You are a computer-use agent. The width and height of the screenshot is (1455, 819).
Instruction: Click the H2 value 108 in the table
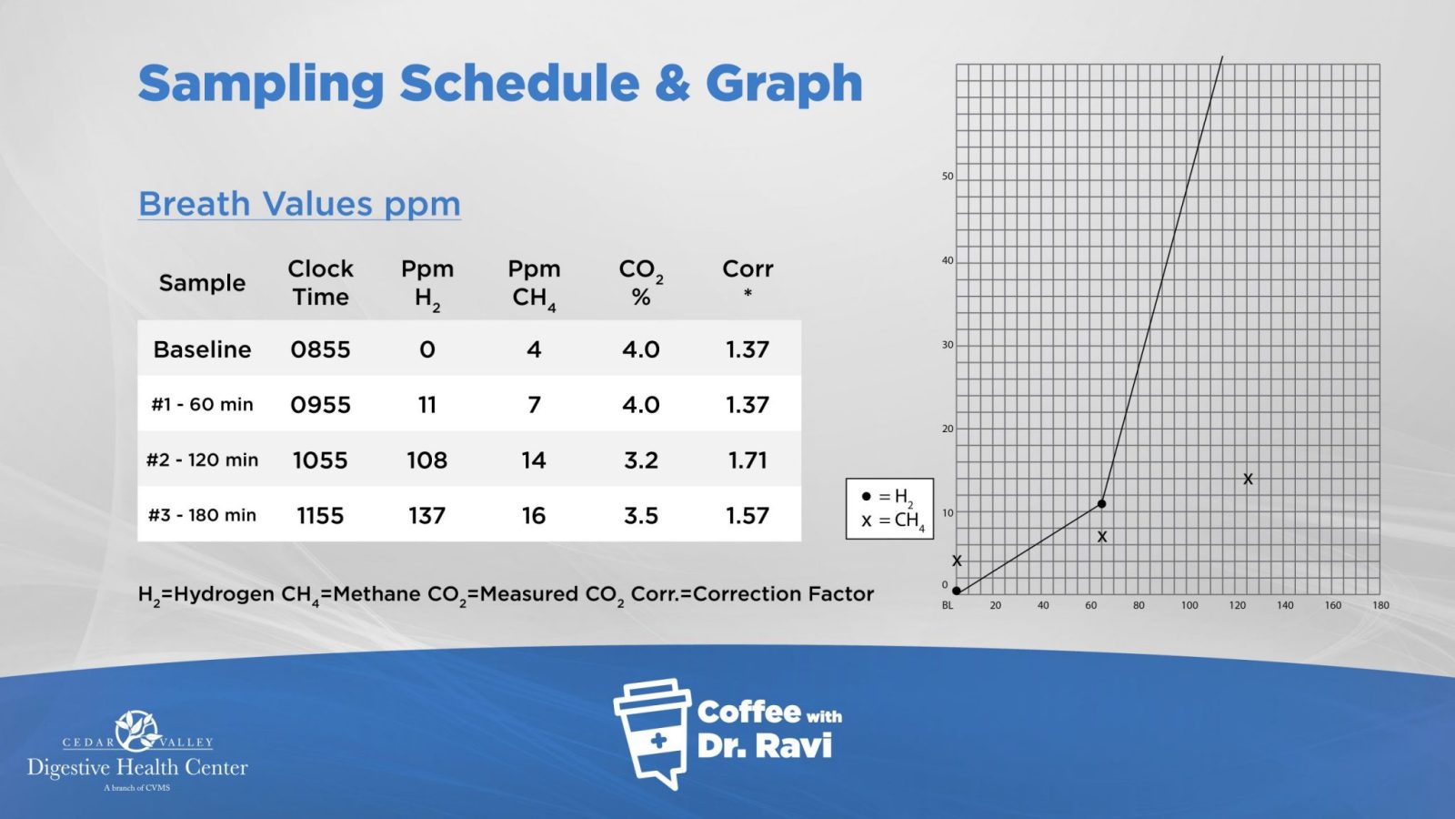coord(426,460)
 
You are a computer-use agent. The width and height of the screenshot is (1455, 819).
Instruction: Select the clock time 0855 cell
coord(320,349)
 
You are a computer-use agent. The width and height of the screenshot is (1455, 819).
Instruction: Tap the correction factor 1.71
coord(748,460)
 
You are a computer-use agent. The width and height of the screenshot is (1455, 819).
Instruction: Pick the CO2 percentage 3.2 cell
coord(641,460)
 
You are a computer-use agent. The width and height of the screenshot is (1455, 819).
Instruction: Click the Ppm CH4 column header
coord(534,283)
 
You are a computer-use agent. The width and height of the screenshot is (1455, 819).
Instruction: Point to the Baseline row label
coord(202,349)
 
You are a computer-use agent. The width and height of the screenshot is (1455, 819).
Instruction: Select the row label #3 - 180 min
coord(202,515)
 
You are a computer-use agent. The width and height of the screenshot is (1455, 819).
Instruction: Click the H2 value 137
coord(426,516)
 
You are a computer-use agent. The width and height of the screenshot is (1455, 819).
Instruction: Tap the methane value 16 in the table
coord(534,516)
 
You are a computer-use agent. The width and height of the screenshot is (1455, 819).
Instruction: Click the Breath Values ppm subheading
coord(299,204)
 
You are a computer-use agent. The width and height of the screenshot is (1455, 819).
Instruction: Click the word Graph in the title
coord(784,84)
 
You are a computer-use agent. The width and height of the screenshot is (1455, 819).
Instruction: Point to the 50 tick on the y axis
coord(948,177)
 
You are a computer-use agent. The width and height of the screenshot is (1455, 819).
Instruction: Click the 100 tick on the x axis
coord(1189,605)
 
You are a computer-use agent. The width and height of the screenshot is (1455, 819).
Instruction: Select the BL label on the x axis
coord(948,605)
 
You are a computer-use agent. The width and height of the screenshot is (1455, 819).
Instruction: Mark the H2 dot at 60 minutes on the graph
coord(1101,503)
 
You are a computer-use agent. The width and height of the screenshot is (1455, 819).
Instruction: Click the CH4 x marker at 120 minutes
coord(1248,479)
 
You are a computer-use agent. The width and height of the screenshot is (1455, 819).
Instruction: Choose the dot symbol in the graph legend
coord(866,497)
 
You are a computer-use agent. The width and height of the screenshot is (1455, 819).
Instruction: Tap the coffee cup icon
coord(652,731)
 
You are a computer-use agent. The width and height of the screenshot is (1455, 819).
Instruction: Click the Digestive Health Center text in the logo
coord(137,767)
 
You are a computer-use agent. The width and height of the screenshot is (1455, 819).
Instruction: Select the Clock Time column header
coord(320,283)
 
